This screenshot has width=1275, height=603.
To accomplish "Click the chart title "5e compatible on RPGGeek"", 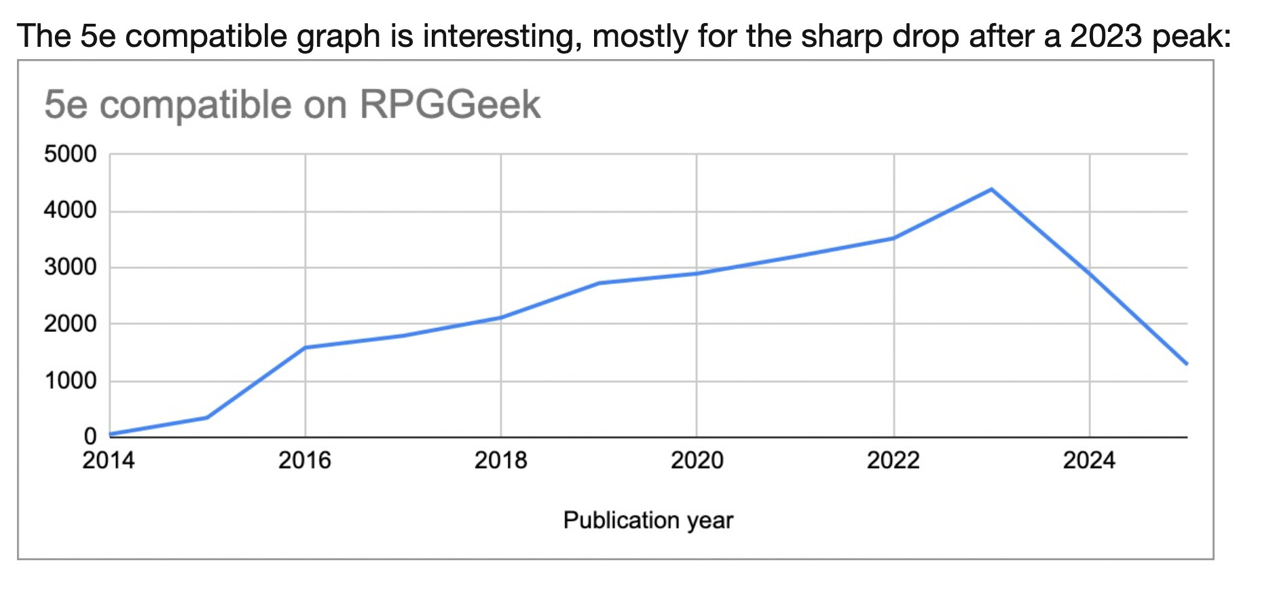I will click(x=292, y=105).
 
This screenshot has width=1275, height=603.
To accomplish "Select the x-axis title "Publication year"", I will click(x=648, y=520).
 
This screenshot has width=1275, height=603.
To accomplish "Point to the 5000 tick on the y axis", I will click(x=71, y=154).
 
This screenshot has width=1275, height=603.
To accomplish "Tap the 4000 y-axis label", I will click(x=71, y=211).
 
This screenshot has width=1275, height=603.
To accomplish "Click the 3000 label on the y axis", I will click(x=71, y=268).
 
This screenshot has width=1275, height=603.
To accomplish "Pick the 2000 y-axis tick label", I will click(x=71, y=324).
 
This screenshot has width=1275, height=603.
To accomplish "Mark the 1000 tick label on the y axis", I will click(x=71, y=381).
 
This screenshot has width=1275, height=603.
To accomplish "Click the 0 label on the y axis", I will click(x=90, y=436).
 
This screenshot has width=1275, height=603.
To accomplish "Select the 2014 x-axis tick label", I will click(x=109, y=460).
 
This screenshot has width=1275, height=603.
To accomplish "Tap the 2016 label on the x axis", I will click(x=305, y=460).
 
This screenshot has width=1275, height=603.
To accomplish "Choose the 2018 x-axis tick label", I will click(x=501, y=460).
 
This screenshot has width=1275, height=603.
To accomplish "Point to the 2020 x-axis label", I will click(x=697, y=460).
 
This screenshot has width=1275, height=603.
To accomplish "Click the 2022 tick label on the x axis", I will click(x=893, y=460).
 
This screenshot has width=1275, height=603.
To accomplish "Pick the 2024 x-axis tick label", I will click(x=1089, y=460).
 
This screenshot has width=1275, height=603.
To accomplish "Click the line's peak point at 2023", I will click(x=992, y=189).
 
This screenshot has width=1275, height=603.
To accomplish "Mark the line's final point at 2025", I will click(x=1187, y=364).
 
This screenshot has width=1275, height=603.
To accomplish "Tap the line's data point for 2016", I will click(x=306, y=348).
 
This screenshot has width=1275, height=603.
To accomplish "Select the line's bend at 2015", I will click(x=207, y=417).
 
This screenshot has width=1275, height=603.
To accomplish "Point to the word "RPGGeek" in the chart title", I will click(x=450, y=105).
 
